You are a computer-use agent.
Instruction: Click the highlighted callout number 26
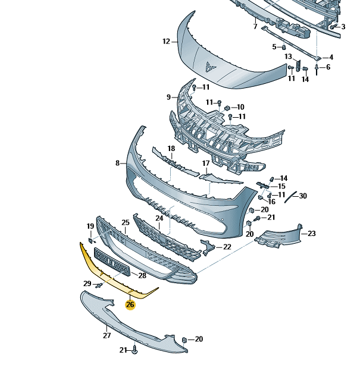coord(130,304)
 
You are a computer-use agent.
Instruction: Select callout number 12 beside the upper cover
coord(166,42)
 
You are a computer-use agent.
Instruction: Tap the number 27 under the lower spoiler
coord(107,335)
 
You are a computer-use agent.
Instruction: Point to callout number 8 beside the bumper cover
coord(118,163)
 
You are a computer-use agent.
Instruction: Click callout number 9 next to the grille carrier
coord(168,97)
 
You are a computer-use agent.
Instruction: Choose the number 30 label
coord(303,196)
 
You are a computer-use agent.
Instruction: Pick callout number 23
coord(255,27)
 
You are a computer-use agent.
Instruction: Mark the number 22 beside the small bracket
coord(226,246)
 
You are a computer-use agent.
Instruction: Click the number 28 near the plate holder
coord(142,275)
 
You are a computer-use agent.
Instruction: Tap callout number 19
coord(90,227)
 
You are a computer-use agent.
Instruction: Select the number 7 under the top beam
coord(255,27)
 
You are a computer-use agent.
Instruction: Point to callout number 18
coord(171,149)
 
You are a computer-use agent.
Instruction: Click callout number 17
coord(206,163)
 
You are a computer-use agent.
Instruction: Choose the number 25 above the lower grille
coord(126,223)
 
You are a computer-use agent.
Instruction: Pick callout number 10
coord(240,107)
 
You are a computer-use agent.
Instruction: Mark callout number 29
coord(87,283)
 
